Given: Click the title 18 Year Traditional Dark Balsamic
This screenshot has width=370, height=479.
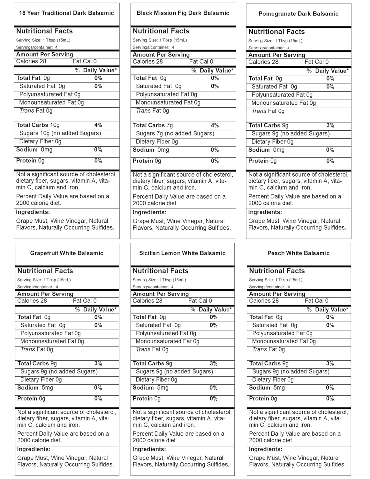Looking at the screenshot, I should (66, 13).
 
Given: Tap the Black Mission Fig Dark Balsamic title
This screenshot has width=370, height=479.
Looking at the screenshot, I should (183, 13).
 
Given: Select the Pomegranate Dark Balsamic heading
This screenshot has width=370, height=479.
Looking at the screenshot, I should (298, 14).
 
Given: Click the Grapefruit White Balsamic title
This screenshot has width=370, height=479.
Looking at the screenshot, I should (67, 253).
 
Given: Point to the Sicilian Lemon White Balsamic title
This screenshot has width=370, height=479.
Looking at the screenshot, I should (182, 253).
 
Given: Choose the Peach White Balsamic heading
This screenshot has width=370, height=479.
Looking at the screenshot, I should (298, 253).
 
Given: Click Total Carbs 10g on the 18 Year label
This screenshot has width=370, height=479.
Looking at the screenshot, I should (38, 125).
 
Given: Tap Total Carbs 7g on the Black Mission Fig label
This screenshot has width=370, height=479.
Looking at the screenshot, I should (153, 125).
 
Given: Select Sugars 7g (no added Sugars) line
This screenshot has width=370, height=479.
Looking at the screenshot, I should (175, 133).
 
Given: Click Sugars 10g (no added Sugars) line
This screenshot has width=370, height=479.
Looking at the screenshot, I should (60, 133).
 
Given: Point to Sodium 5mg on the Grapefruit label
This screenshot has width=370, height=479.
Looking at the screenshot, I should (35, 388).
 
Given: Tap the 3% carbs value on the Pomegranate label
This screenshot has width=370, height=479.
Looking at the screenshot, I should (330, 125).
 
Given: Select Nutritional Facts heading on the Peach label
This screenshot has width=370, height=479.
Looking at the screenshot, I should (277, 271).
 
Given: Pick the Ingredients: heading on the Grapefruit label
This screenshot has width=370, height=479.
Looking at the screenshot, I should (34, 449).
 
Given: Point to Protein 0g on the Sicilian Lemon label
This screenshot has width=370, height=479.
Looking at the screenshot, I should (147, 399).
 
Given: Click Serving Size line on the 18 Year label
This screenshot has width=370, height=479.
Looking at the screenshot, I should (43, 40).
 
